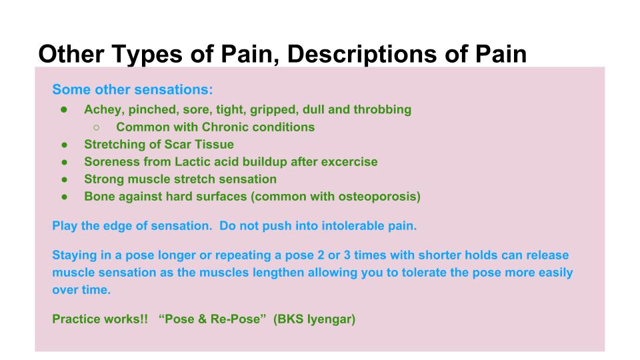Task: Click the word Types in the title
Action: [146, 54]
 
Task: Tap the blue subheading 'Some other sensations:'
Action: [133, 89]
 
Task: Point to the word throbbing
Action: [382, 110]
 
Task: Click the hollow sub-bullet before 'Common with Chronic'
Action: [96, 127]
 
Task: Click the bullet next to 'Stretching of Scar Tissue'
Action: [65, 145]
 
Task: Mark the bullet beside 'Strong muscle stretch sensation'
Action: [65, 179]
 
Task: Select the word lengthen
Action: [278, 273]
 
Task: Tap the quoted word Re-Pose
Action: [235, 319]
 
